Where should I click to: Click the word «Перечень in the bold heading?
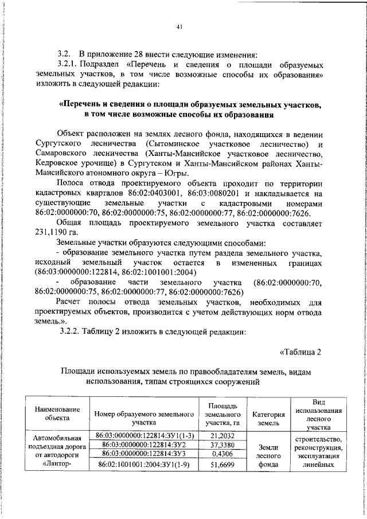point(81,106)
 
